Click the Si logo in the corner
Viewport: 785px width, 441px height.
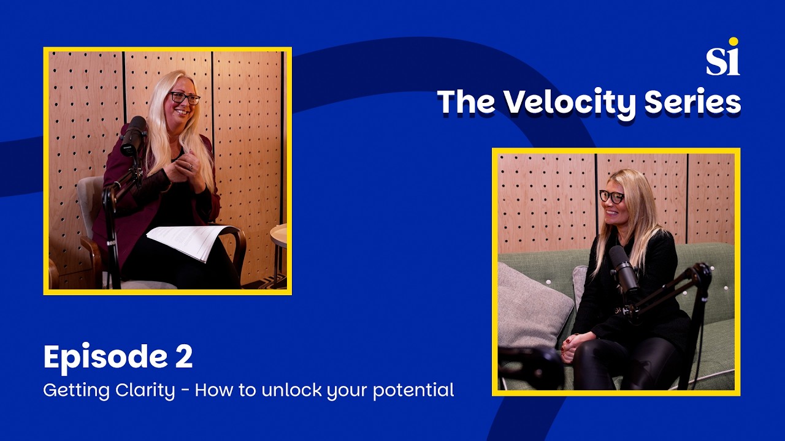[x=722, y=58]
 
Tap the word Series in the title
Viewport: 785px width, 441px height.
[x=693, y=103]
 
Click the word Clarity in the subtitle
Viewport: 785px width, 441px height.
[x=147, y=390]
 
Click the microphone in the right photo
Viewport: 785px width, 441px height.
[x=624, y=269]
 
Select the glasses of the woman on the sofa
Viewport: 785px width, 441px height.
[x=611, y=197]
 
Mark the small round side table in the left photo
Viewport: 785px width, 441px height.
[x=280, y=235]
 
